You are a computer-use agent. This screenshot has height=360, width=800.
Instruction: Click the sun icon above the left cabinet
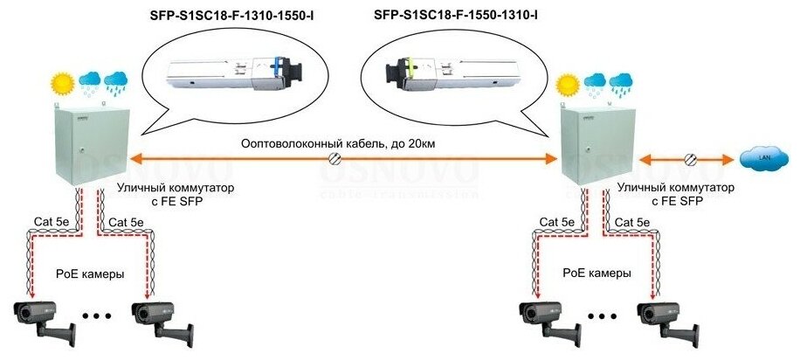tap(62, 85)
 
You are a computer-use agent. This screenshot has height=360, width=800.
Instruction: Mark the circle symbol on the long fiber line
tap(334, 159)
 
